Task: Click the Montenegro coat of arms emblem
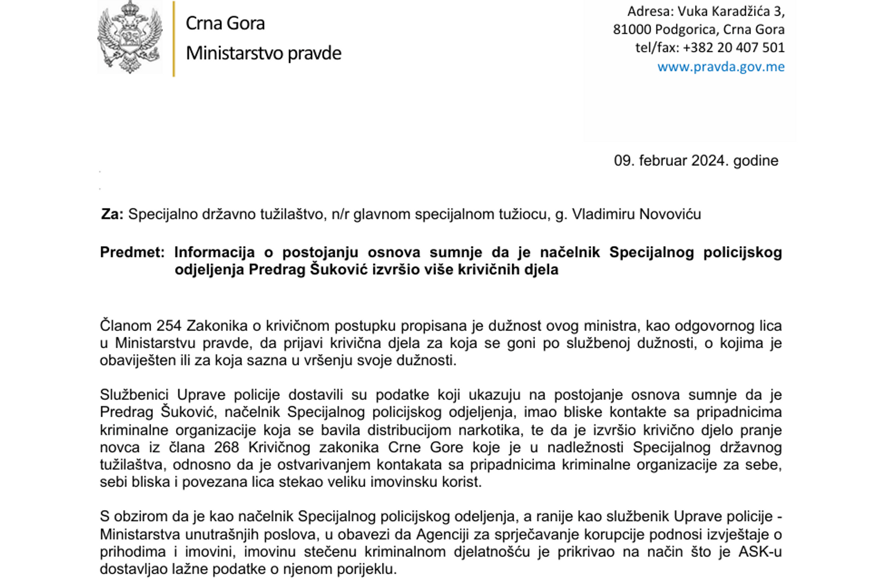pyautogui.click(x=130, y=38)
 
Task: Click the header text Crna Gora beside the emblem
pyautogui.click(x=225, y=23)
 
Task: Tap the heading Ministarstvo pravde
pyautogui.click(x=263, y=53)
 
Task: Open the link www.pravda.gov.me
pyautogui.click(x=721, y=67)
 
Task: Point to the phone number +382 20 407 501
pyautogui.click(x=734, y=48)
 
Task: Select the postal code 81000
pyautogui.click(x=632, y=30)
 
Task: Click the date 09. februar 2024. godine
pyautogui.click(x=696, y=161)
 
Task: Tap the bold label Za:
pyautogui.click(x=112, y=215)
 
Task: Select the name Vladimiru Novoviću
pyautogui.click(x=636, y=215)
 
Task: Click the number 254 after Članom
pyautogui.click(x=169, y=326)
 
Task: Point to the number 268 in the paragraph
pyautogui.click(x=226, y=447)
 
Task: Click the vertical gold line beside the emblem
pyautogui.click(x=174, y=39)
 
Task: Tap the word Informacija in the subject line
pyautogui.click(x=215, y=252)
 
